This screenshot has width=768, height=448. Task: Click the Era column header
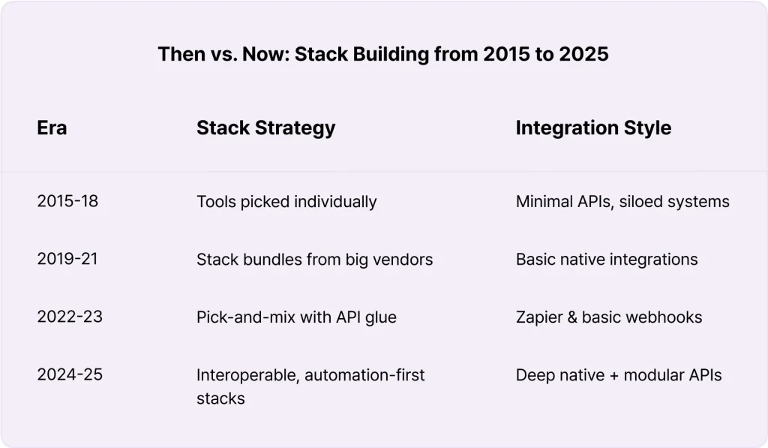[52, 128]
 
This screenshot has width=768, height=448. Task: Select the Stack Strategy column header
[266, 128]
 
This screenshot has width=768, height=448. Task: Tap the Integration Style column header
[594, 128]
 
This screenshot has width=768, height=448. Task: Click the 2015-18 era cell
[67, 201]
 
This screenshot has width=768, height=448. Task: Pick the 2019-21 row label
[67, 259]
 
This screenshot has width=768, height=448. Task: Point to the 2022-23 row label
[70, 317]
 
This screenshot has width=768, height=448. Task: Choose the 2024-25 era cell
[70, 374]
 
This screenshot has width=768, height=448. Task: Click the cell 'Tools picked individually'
[286, 202]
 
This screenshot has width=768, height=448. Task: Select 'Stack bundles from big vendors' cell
[315, 260]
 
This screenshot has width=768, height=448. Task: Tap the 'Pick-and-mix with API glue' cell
[297, 317]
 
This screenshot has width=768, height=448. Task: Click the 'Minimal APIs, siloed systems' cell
[622, 201]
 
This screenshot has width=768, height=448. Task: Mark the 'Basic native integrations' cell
[607, 260]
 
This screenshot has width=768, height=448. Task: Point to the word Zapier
[540, 317]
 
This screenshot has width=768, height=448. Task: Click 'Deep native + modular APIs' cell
[619, 375]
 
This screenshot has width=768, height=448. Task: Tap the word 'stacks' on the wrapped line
[221, 398]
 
